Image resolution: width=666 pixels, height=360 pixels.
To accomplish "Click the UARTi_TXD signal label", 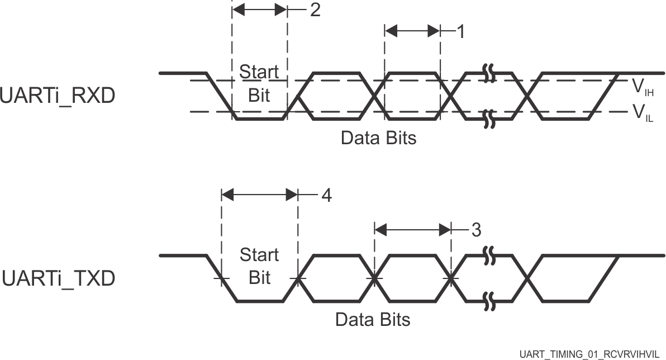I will coord(58,278).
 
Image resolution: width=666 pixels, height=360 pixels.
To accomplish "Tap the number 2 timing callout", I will coord(315,11).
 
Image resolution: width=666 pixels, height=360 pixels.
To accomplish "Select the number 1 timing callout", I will coord(460,32).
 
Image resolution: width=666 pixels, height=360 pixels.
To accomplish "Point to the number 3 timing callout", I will coord(475,229).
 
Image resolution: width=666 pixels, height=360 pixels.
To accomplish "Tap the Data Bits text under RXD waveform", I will coord(378,138).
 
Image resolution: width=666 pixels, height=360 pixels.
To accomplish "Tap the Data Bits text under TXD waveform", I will coord(372,320).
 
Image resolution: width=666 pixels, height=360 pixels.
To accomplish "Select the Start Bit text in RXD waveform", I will coord(259,83).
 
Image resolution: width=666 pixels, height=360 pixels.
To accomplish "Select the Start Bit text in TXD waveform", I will coord(259,266).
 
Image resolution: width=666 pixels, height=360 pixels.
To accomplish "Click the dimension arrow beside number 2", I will coord(259,10).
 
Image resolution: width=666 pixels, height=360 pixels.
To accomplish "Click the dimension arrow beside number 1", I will coord(412,31).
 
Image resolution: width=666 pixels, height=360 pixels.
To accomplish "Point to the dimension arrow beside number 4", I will coord(259,195).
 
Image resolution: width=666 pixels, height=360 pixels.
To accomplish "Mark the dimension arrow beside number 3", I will coord(412,229).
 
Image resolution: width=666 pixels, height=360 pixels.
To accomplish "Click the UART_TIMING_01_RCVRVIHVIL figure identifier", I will coord(591,354).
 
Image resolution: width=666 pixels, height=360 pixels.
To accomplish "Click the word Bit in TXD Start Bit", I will coord(259,277).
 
